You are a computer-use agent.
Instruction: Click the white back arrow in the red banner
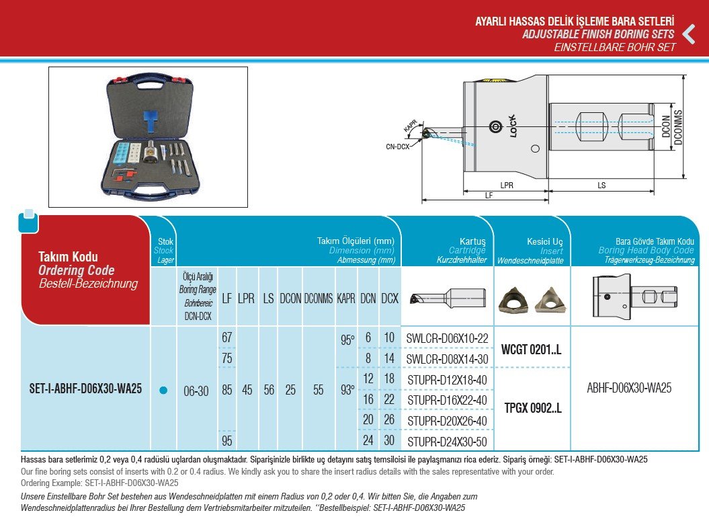point(688,34)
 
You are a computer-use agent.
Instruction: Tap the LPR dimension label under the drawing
point(507,184)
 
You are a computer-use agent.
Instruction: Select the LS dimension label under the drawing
point(602,184)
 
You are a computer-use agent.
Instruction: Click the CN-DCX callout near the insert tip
point(398,145)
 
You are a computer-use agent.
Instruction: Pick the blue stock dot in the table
point(163,391)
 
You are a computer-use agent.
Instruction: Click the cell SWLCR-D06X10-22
point(448,339)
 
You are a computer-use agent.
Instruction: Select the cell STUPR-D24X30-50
point(448,442)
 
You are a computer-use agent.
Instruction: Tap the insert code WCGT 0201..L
point(531,350)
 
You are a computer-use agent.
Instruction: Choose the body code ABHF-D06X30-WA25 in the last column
point(629,388)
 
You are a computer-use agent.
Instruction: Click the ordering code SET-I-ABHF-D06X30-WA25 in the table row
point(85,389)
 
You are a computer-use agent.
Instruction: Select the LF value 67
point(227,337)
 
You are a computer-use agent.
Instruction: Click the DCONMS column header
point(318,298)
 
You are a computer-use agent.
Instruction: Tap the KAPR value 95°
point(347,340)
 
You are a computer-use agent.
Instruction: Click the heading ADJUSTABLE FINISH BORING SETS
point(598,34)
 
